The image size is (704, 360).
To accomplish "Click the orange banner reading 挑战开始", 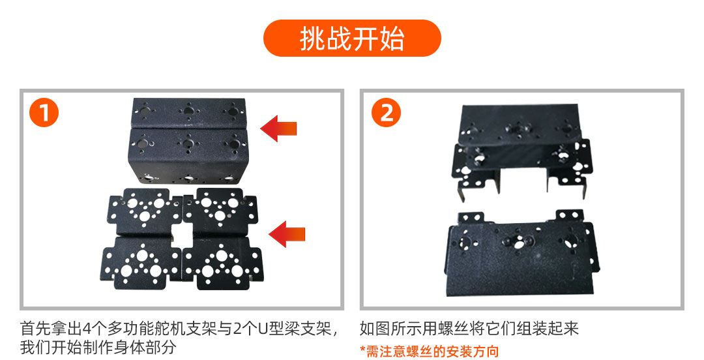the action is [x=352, y=38].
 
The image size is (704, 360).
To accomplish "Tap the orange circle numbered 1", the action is [x=44, y=112].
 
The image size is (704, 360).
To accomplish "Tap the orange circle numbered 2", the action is [x=386, y=112].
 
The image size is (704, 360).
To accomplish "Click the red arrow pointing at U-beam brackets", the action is [x=279, y=128].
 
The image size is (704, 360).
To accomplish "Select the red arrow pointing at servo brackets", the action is [x=287, y=234].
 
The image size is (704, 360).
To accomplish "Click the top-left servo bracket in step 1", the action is [x=144, y=211].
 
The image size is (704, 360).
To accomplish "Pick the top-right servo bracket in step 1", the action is [x=220, y=211].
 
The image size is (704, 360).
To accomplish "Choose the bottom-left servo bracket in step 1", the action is [x=141, y=263].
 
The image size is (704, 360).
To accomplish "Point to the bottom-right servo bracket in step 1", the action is [x=222, y=263].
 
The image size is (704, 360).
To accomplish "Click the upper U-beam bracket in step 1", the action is [x=188, y=114].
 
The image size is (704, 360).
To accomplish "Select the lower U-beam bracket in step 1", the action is [x=188, y=156].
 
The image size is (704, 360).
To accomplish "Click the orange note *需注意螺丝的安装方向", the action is [x=429, y=351].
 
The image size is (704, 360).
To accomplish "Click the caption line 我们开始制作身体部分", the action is [x=98, y=348].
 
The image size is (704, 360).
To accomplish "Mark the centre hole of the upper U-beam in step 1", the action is [x=188, y=110].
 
